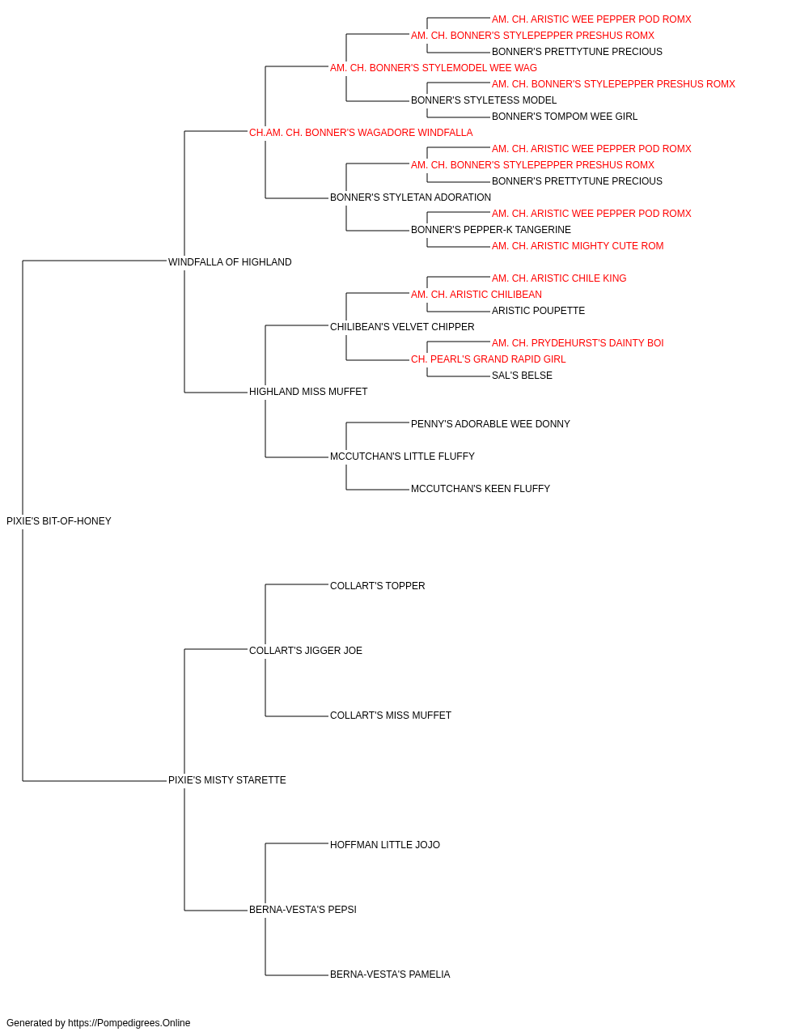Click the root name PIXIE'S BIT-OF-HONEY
[58, 521]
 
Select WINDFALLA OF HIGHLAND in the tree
[230, 262]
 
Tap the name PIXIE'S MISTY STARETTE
[227, 780]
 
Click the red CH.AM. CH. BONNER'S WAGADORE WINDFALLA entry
[361, 133]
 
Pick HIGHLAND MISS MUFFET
[308, 392]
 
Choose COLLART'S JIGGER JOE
[306, 651]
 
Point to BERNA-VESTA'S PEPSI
[303, 910]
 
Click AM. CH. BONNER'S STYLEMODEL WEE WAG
[434, 68]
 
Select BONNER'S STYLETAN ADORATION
[410, 197]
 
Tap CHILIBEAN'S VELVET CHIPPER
[402, 327]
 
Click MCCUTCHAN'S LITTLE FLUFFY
[402, 456]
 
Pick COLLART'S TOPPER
[377, 586]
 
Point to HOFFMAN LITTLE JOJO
[385, 845]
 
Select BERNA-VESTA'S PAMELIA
[390, 974]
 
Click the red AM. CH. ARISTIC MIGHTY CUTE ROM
[578, 246]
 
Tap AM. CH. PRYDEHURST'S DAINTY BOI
[578, 343]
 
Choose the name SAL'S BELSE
[522, 376]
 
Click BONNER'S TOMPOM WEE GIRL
[565, 117]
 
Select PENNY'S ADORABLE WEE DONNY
[490, 424]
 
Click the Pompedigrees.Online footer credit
[98, 1023]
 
